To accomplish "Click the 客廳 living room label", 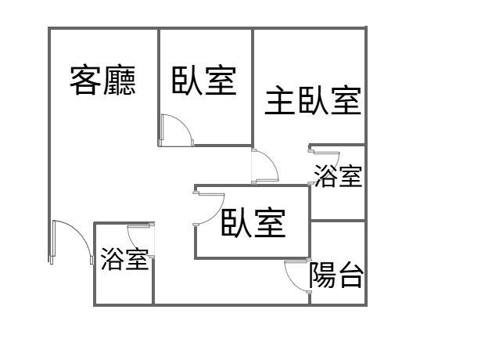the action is pos(102,81).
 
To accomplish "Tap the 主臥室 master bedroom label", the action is pos(313,101).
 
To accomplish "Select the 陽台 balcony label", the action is pos(336,275).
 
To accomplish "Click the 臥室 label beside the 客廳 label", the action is pos(204,81).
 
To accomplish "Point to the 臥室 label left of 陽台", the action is pos(253,222).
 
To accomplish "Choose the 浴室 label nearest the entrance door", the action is pos(125,259).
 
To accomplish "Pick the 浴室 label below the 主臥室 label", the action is pos(338,176).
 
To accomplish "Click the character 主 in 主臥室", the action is pos(279,101).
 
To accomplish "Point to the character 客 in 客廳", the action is pos(85,81).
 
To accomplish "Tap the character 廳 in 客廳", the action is pos(120,81).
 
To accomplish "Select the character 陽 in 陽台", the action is pos(323,275).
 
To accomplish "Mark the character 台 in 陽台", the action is pos(350,275).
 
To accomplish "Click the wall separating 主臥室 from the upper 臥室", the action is pos(253,87).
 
